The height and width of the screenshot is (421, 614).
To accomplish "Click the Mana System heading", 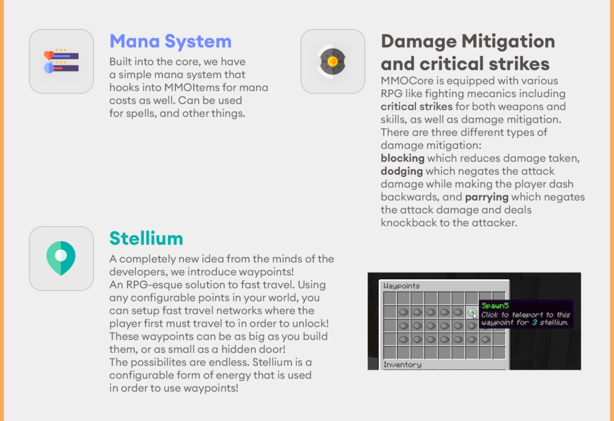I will tap(170, 42).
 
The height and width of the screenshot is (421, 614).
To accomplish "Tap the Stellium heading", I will tap(146, 238).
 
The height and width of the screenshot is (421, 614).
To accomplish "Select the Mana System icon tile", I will tap(61, 61).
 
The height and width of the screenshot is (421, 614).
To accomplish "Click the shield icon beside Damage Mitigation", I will tap(333, 61).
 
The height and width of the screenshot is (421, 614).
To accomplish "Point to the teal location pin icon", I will tap(61, 258).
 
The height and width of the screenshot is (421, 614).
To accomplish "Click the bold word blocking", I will tap(402, 159).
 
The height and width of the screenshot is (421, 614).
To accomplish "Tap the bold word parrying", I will tap(487, 197).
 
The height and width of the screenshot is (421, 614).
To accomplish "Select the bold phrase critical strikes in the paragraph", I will tap(416, 107).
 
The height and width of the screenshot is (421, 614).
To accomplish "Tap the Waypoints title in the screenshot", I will tap(402, 286).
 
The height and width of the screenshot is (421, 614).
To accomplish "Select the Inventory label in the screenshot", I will tap(402, 364).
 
